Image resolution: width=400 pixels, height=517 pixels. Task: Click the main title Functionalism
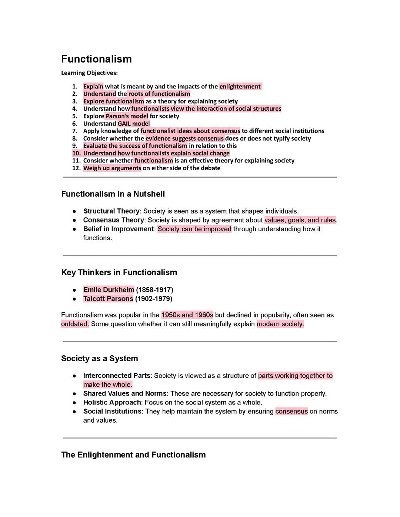point(96,59)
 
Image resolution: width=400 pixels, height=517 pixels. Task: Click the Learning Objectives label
point(89,73)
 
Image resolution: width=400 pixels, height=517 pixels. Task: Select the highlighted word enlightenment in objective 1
point(240,87)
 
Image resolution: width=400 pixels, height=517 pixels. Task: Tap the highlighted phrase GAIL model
point(134,124)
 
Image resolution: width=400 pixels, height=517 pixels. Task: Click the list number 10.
point(76,153)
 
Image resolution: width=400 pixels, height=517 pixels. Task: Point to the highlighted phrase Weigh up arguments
point(112,168)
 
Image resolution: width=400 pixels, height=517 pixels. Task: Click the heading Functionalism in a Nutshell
point(113,194)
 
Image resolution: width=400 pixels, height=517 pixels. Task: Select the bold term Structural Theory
point(111,211)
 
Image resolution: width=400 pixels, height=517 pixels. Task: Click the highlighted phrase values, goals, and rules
point(300,220)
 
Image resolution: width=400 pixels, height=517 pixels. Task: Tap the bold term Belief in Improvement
point(118,229)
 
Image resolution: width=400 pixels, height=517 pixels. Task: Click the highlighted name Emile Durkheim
point(109,290)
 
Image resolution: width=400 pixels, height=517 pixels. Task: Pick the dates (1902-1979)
point(154,299)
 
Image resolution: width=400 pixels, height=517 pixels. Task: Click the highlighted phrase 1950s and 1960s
point(187,315)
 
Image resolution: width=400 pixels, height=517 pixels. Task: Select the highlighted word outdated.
point(75,324)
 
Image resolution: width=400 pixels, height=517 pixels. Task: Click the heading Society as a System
point(99,358)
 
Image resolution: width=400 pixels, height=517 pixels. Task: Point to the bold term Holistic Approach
point(112,402)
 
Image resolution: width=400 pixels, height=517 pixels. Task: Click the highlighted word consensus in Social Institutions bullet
point(291,412)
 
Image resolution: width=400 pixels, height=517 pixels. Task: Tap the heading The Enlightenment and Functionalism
point(133,455)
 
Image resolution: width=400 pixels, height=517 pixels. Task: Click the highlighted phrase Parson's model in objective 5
point(127,116)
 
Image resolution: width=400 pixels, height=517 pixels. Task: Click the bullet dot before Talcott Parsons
point(74,299)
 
